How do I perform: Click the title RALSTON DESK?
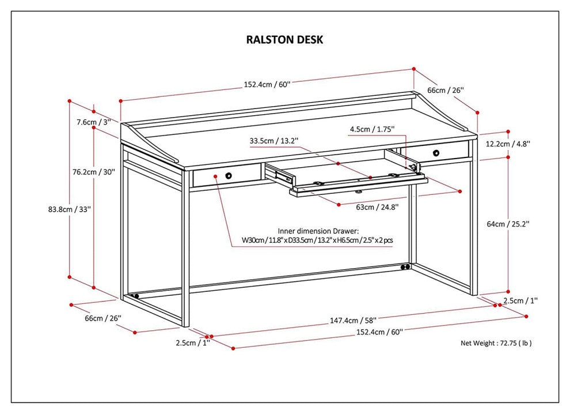tap(284, 40)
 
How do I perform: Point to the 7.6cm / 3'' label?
tap(93, 122)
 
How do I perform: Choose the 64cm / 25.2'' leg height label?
tap(508, 224)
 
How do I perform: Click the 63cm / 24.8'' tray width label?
tap(377, 206)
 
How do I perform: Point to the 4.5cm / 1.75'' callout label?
tap(373, 130)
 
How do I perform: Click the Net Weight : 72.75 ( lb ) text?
tap(496, 343)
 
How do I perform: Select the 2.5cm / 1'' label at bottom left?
tap(193, 343)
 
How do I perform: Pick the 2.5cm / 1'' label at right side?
tap(520, 300)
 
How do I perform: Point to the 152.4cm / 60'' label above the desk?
tap(267, 84)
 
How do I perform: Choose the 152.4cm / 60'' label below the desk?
tap(379, 332)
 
